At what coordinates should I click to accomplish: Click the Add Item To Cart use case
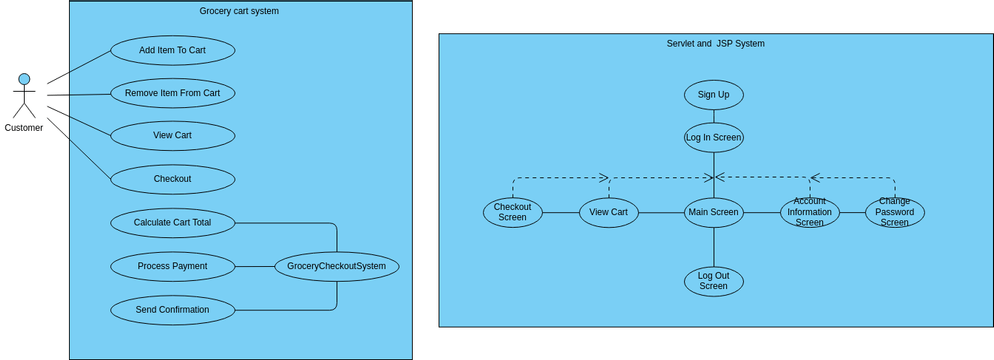tap(172, 50)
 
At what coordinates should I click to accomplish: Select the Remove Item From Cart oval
tap(172, 93)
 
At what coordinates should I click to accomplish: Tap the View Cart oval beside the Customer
tap(172, 136)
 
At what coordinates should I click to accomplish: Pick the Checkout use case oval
tap(172, 179)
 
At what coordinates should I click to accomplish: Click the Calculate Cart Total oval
tap(172, 223)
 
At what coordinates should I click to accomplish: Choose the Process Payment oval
tap(172, 266)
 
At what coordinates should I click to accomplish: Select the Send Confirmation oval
tap(172, 310)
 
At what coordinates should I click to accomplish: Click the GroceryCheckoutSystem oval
tap(337, 266)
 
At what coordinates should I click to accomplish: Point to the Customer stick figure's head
tap(24, 79)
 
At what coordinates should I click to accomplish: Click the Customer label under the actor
tap(24, 128)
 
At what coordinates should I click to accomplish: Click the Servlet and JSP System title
tap(715, 44)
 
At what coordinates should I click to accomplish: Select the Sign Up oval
tap(713, 95)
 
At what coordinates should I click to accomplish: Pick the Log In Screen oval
tap(713, 138)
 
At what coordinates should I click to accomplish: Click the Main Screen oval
tap(713, 212)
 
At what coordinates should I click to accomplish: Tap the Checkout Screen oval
tap(512, 212)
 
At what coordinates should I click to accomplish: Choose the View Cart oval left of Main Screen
tap(608, 212)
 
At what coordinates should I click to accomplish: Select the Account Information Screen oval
tap(809, 212)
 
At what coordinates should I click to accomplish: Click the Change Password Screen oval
tap(894, 212)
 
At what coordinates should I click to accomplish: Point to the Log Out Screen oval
tap(713, 281)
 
